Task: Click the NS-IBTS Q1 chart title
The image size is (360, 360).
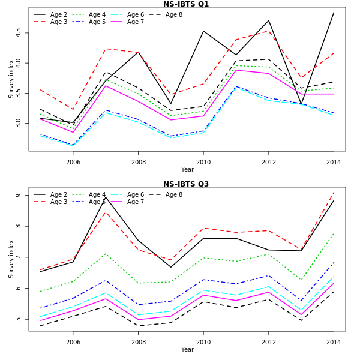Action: click(186, 4)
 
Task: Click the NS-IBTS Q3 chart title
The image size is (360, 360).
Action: click(186, 184)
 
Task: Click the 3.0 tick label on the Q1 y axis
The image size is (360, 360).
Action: click(19, 122)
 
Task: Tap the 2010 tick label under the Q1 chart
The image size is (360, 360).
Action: click(203, 162)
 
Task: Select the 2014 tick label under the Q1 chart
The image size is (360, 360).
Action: click(334, 162)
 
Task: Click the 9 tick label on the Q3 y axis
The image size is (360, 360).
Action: click(19, 196)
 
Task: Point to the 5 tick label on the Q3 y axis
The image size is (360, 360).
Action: click(19, 319)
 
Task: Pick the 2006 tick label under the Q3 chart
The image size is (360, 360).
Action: click(73, 342)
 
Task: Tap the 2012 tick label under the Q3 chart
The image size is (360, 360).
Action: click(269, 342)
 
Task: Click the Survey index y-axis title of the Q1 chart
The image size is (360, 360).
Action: click(11, 79)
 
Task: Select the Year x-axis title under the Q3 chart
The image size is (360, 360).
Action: click(187, 350)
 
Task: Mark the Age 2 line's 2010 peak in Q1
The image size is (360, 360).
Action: click(203, 31)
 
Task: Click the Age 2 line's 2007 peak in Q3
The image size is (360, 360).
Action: click(106, 197)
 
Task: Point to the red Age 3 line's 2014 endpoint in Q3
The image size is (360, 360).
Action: click(334, 192)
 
